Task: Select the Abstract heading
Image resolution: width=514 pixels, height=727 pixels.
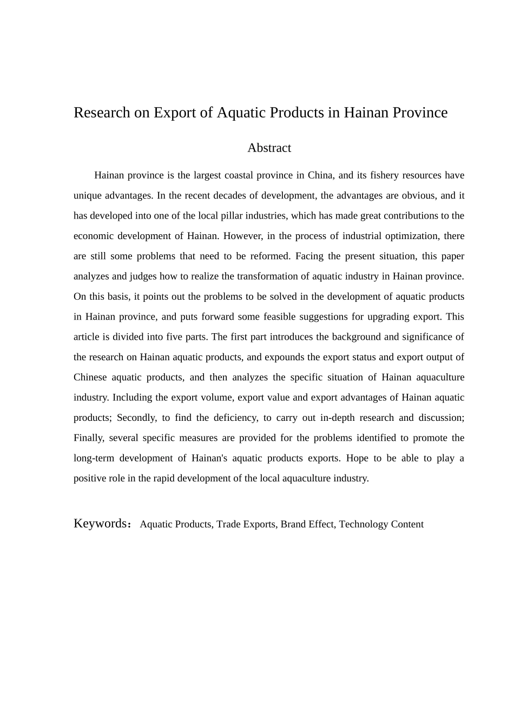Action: pos(269,148)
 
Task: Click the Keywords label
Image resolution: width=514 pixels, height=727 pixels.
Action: pos(100,524)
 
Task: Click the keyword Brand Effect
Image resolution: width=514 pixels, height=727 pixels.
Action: pos(307,524)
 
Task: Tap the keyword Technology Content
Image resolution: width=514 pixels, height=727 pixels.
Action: pos(381,524)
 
